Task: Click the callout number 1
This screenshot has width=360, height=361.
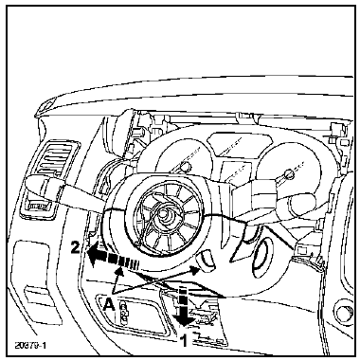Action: tap(183, 340)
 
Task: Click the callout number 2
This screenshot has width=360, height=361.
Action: tap(75, 247)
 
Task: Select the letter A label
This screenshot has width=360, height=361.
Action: tap(109, 305)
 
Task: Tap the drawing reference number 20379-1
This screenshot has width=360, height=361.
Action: tap(30, 345)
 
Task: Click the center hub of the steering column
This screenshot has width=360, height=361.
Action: tap(163, 214)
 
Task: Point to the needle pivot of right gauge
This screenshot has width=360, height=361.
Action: tap(288, 173)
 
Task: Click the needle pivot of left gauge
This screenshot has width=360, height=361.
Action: tap(187, 166)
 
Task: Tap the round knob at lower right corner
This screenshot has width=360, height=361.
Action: tap(345, 312)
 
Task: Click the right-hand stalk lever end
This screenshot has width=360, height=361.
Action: tap(302, 207)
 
